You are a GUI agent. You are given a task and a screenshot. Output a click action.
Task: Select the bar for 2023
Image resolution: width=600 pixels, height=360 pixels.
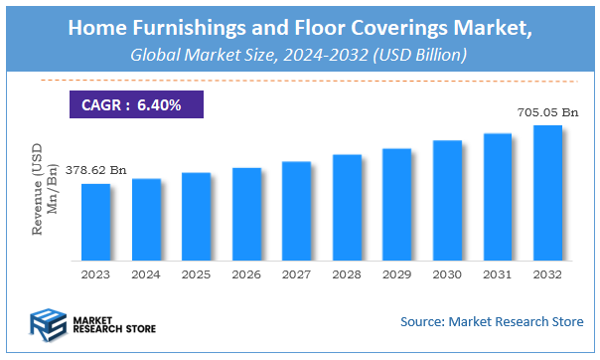coord(96,221)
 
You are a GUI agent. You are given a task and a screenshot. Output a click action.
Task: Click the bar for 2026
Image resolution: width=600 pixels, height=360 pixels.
coord(246,213)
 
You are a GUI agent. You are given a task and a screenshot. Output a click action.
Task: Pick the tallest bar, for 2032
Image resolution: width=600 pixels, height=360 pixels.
coord(547,191)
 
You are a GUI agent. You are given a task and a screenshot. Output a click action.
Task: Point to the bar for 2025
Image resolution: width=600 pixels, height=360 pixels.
coord(197,216)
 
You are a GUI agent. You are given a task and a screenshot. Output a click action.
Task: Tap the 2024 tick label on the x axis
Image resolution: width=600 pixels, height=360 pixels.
coord(146,272)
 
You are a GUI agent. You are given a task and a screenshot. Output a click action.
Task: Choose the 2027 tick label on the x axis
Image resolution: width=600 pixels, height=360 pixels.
coord(296,272)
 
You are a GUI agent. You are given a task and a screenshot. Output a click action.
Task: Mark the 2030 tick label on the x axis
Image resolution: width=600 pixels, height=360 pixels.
coord(447,272)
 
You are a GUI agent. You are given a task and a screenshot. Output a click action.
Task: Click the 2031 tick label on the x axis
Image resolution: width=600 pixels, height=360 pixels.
coord(497,272)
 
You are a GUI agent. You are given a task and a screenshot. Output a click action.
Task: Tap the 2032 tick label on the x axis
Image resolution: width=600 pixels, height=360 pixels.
coord(546,272)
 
